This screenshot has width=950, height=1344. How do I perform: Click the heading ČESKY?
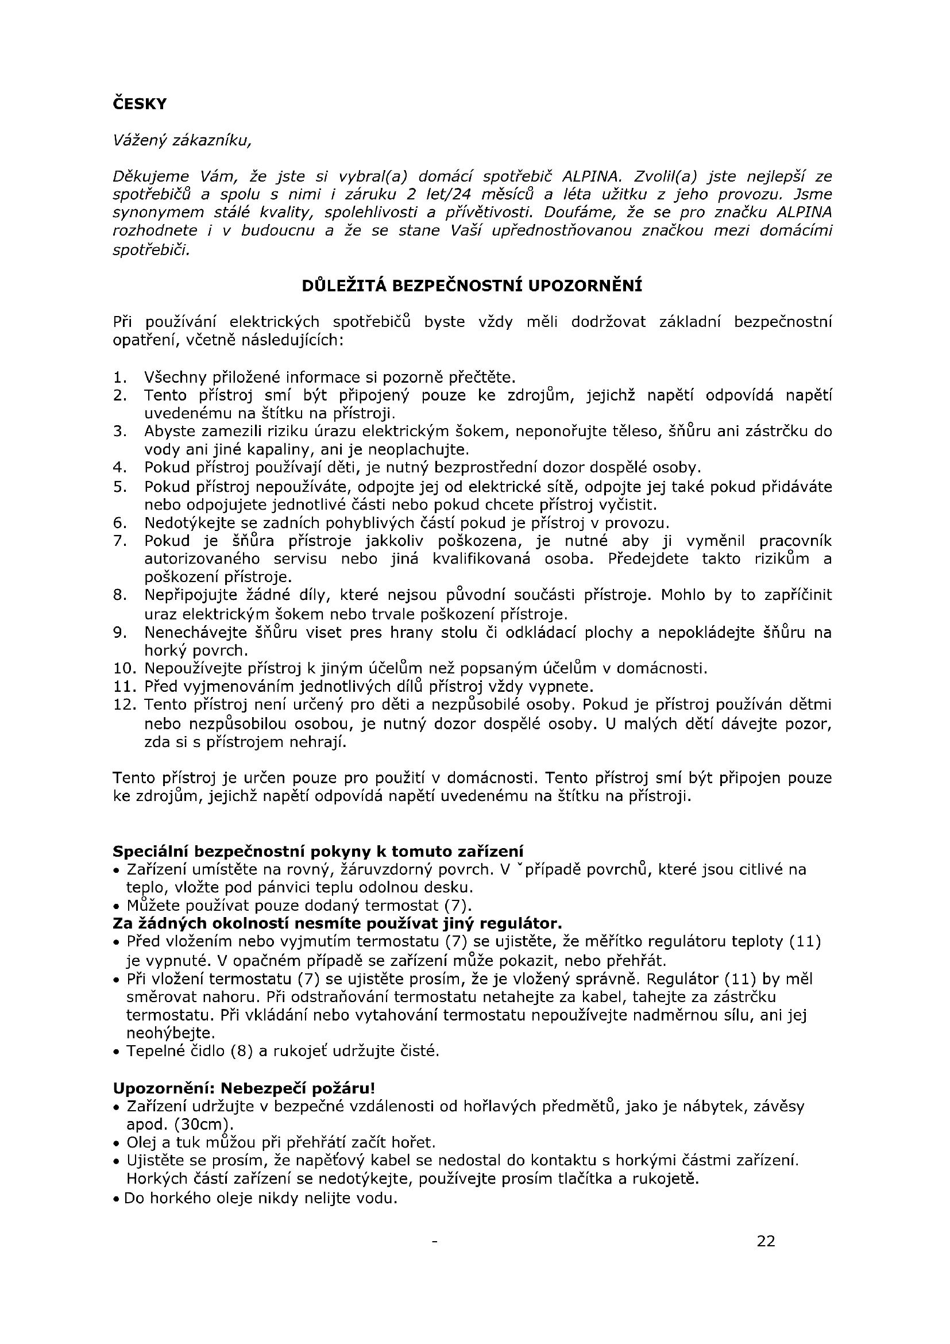pyautogui.click(x=139, y=104)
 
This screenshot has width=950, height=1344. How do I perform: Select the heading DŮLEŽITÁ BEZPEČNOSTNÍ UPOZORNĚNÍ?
pyautogui.click(x=472, y=286)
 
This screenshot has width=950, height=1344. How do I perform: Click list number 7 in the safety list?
pyautogui.click(x=119, y=541)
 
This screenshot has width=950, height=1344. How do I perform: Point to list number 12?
pyautogui.click(x=124, y=704)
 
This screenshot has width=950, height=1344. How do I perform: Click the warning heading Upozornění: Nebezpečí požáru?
pyautogui.click(x=244, y=1088)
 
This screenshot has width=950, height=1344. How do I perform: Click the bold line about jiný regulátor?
pyautogui.click(x=337, y=924)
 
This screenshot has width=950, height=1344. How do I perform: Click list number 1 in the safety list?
pyautogui.click(x=119, y=377)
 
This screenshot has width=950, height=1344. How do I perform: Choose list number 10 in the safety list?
pyautogui.click(x=124, y=668)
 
